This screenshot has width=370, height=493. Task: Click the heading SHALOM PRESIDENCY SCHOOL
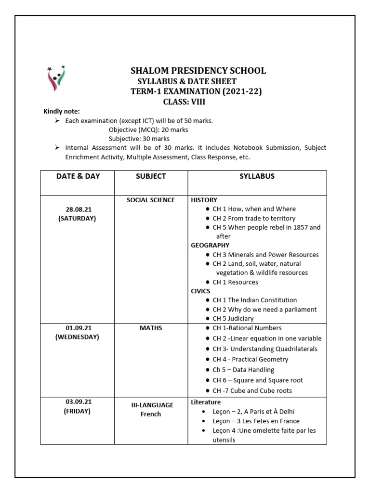click(x=198, y=71)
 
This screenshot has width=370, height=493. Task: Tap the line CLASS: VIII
click(x=187, y=102)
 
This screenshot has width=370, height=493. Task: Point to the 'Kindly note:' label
click(x=62, y=112)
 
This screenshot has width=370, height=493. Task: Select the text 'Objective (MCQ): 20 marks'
click(x=148, y=130)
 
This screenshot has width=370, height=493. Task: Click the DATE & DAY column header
click(x=78, y=176)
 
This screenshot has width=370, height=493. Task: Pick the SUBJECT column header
click(x=150, y=176)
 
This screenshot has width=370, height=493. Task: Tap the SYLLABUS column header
click(x=257, y=176)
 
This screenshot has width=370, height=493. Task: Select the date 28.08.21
click(x=78, y=209)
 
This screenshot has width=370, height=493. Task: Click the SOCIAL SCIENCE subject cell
click(x=151, y=200)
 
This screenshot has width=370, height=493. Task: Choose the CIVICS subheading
click(x=201, y=291)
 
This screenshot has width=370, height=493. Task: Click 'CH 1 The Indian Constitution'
click(x=254, y=300)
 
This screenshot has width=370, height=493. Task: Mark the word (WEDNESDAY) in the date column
click(x=77, y=337)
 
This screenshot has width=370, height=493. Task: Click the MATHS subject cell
click(x=151, y=328)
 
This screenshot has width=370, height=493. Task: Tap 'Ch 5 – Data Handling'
click(x=243, y=370)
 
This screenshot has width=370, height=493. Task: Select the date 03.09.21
click(x=78, y=402)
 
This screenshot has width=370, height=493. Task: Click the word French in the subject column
click(x=151, y=414)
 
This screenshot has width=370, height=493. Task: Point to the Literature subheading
click(x=206, y=402)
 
